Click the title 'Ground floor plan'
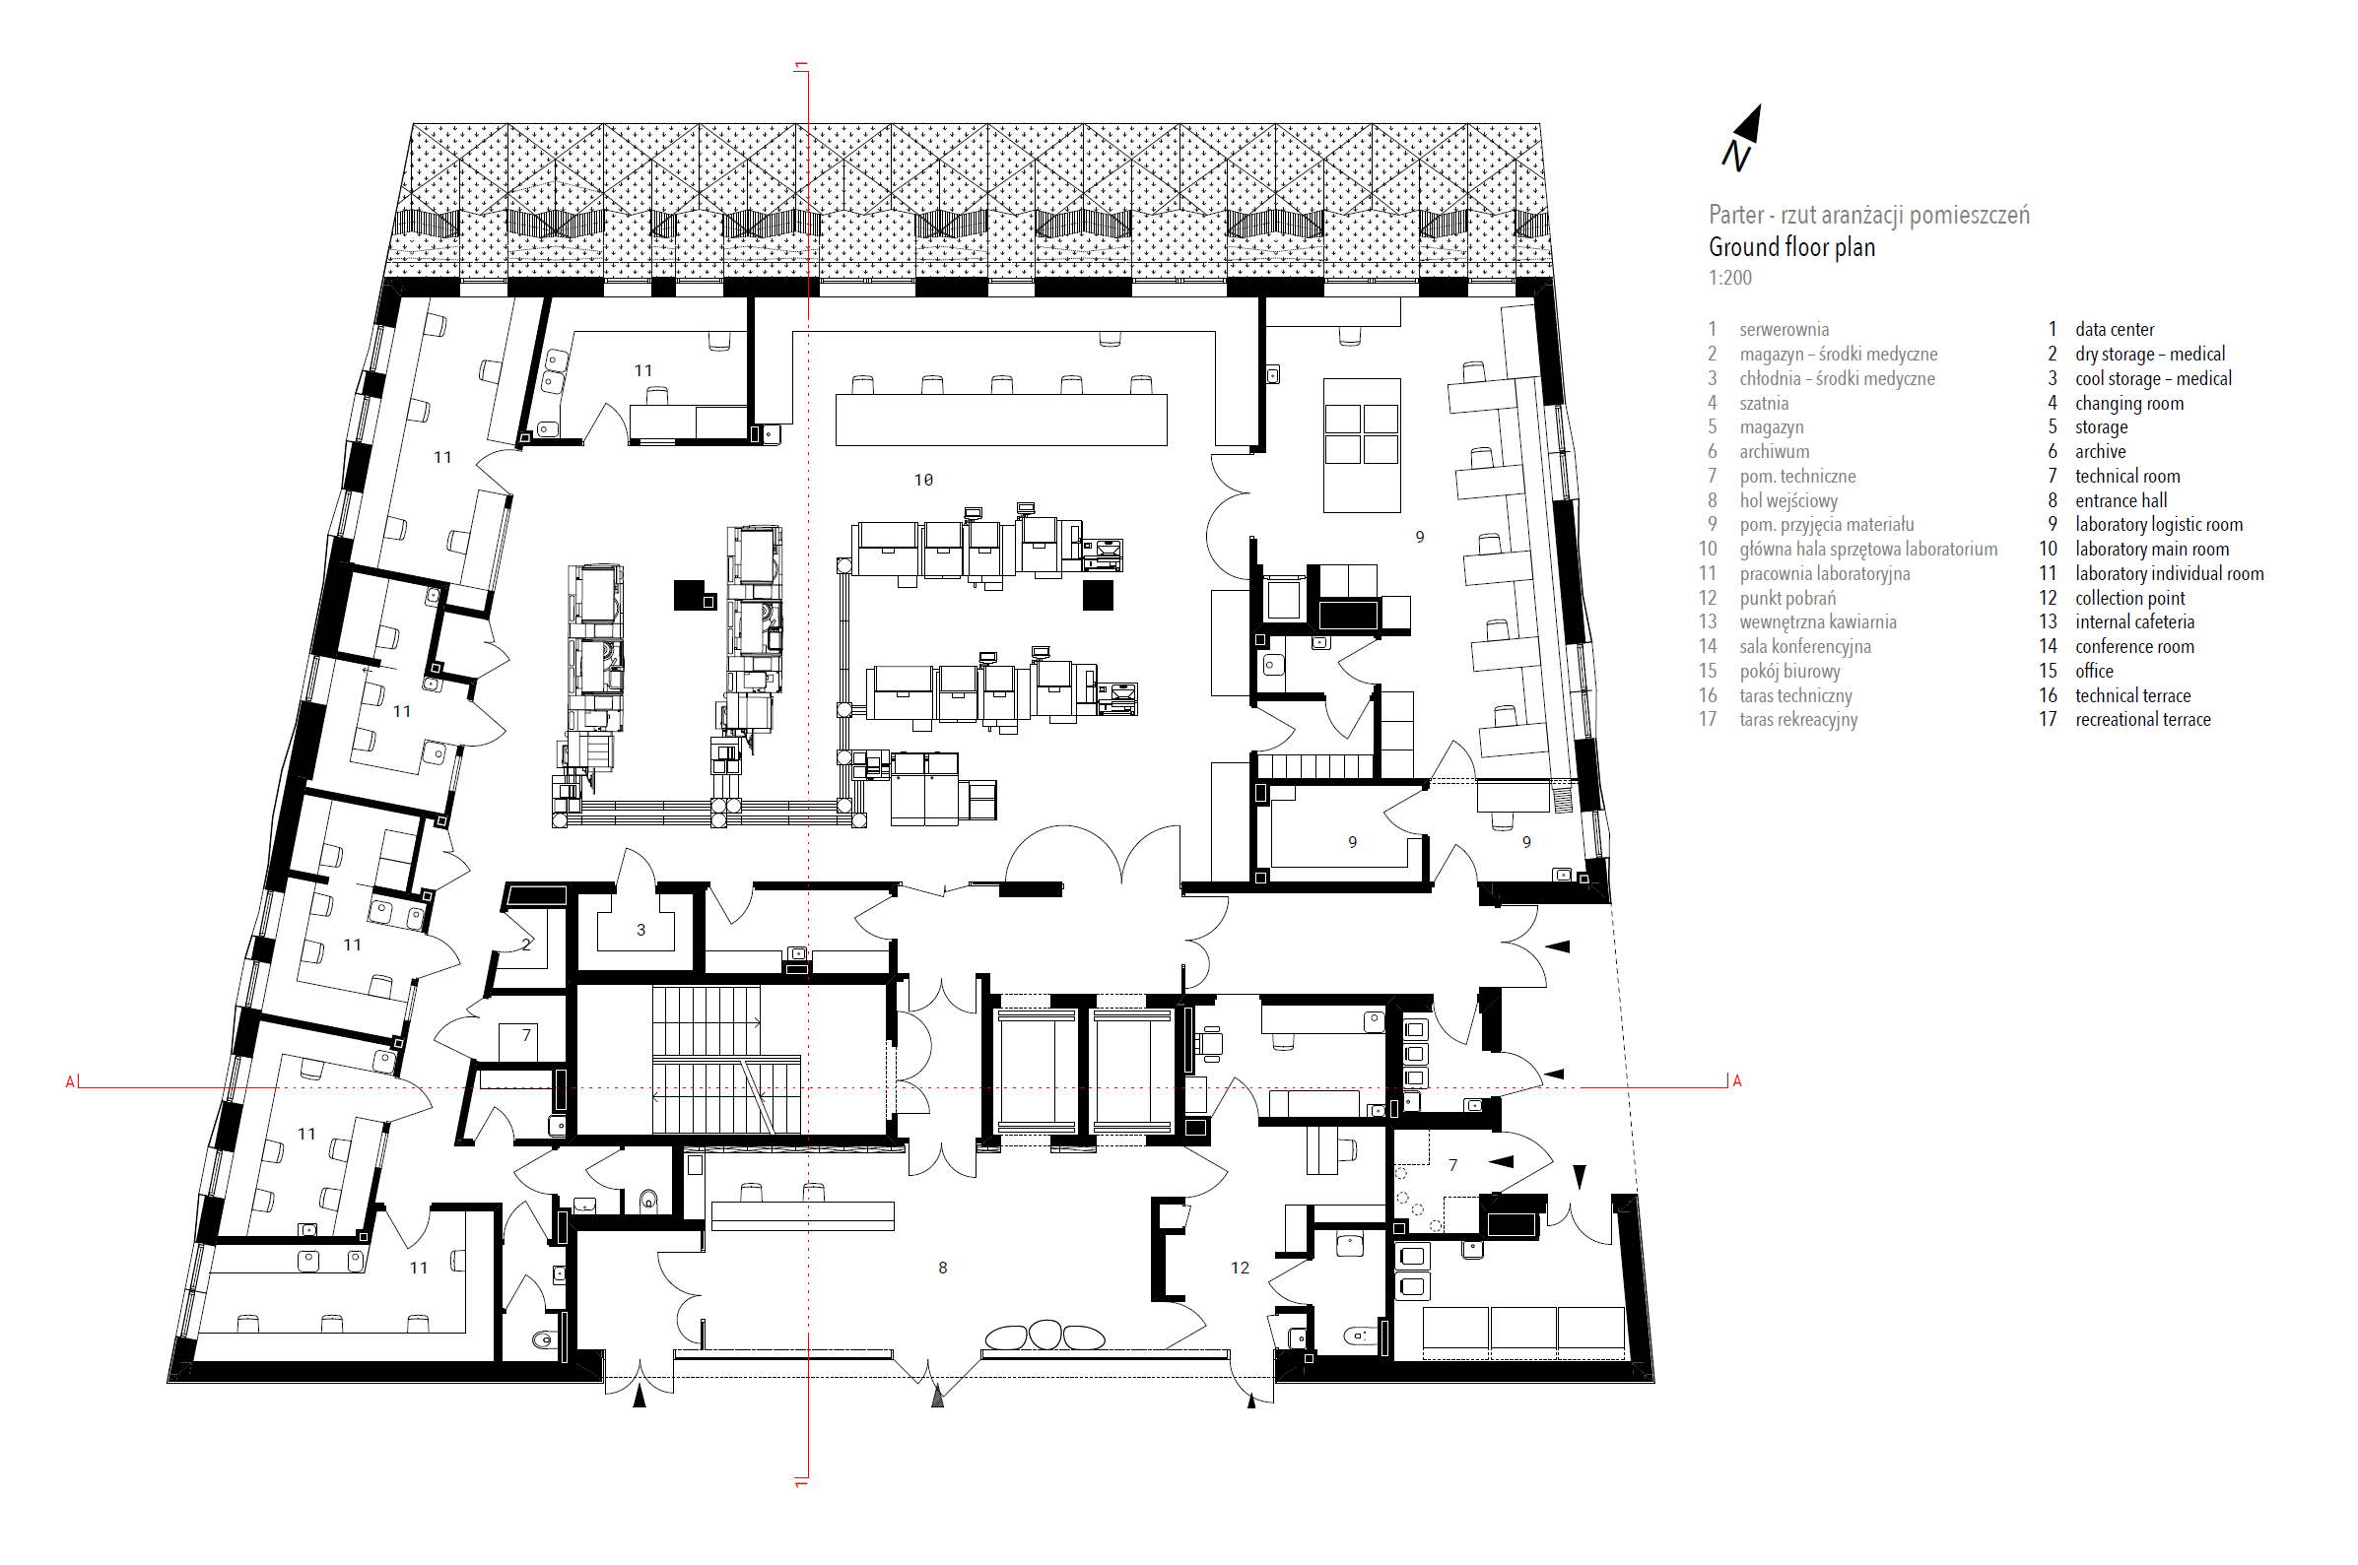1791,247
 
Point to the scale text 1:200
1729,279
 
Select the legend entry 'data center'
2114,329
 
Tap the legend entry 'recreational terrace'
2142,720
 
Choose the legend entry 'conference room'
2134,647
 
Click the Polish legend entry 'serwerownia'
1784,329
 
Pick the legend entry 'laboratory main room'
2151,549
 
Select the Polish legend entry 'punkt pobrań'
1786,598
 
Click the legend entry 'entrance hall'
2121,500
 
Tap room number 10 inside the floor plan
922,480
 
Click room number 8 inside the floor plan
941,1268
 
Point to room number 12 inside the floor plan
1239,1268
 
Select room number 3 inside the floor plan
640,929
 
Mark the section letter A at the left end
70,1082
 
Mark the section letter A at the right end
1736,1081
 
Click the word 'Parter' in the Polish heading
1736,216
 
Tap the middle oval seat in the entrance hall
1044,1335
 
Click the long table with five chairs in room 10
1000,420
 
